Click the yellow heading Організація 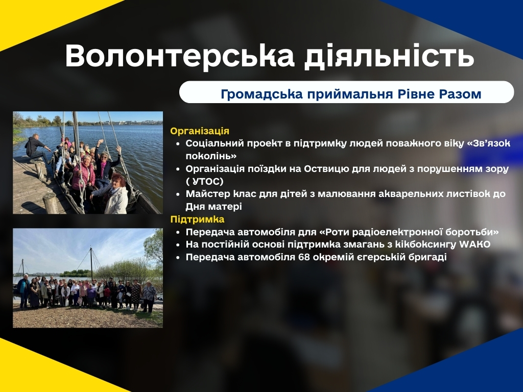coord(200,131)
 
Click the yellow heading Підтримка coord(198,219)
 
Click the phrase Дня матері coord(214,207)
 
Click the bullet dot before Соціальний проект coord(178,144)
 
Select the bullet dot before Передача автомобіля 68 coord(178,258)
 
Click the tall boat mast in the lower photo coord(91,263)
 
